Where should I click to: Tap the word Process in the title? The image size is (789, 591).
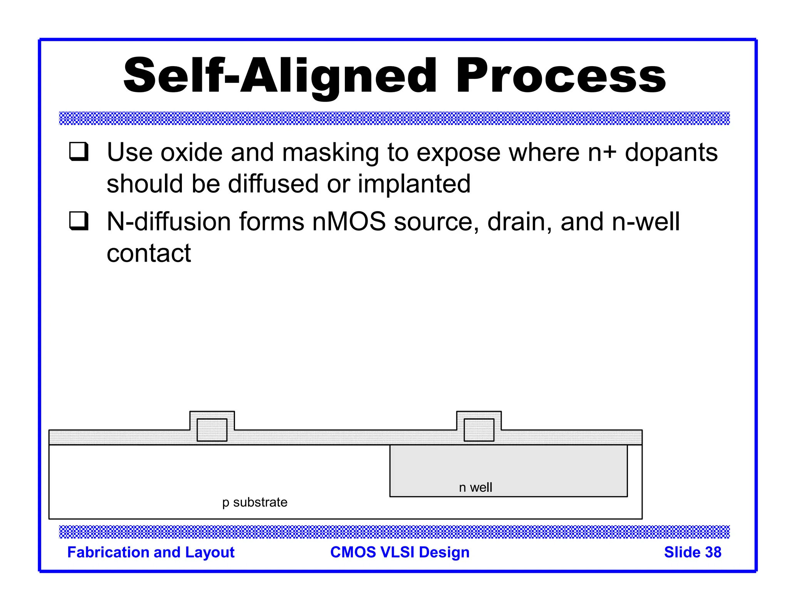pyautogui.click(x=561, y=76)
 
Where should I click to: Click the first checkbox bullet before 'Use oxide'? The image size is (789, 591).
pyautogui.click(x=79, y=151)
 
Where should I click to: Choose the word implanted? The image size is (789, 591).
pyautogui.click(x=414, y=184)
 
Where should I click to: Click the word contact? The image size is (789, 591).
pyautogui.click(x=149, y=254)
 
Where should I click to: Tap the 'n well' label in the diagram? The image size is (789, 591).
pyautogui.click(x=475, y=487)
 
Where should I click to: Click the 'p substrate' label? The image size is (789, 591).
pyautogui.click(x=255, y=503)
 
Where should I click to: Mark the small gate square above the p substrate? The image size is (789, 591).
pyautogui.click(x=212, y=430)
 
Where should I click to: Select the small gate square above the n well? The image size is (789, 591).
pyautogui.click(x=479, y=430)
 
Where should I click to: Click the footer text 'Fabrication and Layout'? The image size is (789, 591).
pyautogui.click(x=151, y=552)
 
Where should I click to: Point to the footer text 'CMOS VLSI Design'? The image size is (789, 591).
pyautogui.click(x=400, y=552)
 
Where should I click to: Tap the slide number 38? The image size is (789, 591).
pyautogui.click(x=713, y=552)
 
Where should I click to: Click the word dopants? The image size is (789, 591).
pyautogui.click(x=671, y=153)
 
